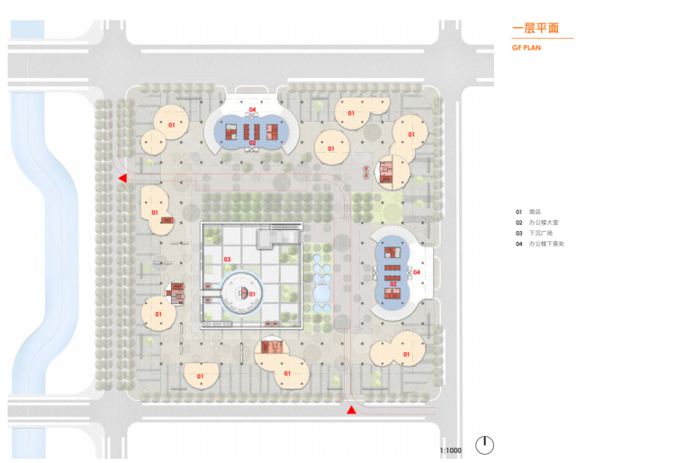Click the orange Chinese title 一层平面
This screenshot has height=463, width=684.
click(x=535, y=29)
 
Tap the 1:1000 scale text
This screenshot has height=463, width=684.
click(x=450, y=449)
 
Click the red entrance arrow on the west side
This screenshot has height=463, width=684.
click(x=122, y=179)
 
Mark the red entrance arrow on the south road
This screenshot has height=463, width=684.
click(x=352, y=410)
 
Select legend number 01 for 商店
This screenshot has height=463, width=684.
click(x=519, y=211)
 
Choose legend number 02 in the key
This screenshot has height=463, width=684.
click(x=519, y=222)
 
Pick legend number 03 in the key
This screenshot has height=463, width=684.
click(x=519, y=233)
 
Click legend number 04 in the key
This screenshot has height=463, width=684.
click(x=519, y=244)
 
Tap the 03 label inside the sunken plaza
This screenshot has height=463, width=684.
click(x=227, y=260)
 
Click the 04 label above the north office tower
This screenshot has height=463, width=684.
click(x=253, y=111)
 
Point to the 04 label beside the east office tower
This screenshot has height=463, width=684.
click(x=416, y=272)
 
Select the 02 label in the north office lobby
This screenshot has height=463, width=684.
click(x=253, y=143)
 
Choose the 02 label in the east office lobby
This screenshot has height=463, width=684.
click(x=392, y=284)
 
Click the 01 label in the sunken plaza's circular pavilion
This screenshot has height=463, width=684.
click(x=252, y=294)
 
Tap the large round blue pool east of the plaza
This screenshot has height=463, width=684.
click(x=322, y=293)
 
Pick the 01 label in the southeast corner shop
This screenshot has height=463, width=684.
click(x=406, y=354)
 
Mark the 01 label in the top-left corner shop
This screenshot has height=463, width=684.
click(x=171, y=125)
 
